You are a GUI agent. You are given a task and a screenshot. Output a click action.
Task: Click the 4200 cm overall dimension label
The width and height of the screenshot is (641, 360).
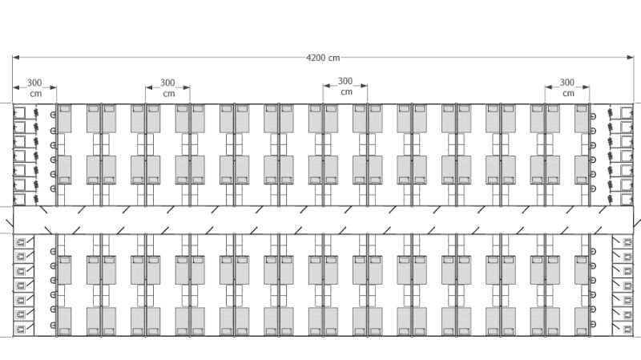pos(323,58)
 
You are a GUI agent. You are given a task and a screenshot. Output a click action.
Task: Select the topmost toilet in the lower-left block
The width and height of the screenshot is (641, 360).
pos(21,241)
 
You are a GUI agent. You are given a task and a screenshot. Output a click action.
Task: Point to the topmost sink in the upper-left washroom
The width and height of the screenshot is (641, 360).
pos(53,115)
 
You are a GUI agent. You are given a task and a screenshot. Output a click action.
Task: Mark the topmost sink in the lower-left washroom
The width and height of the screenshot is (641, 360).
pos(53,252)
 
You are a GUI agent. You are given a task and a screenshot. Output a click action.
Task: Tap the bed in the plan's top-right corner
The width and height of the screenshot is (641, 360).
pos(582,119)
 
